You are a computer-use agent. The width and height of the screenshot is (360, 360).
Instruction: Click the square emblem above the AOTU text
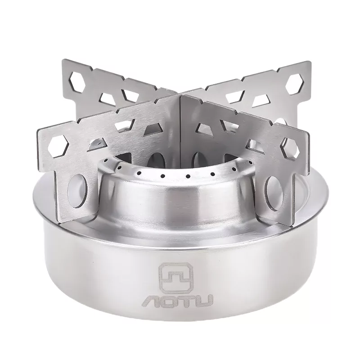pyautogui.click(x=176, y=278)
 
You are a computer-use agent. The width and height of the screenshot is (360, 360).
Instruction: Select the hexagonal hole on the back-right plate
pyautogui.click(x=295, y=84)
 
